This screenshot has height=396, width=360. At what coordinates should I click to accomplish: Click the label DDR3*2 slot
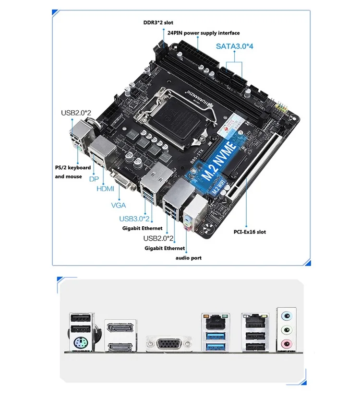(x=159, y=22)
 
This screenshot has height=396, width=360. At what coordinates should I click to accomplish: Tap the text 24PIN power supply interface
(x=204, y=33)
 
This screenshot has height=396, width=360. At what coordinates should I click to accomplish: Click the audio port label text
(x=188, y=258)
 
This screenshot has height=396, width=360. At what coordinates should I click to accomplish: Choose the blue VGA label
(x=119, y=205)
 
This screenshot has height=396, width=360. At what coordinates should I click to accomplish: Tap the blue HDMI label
(x=106, y=189)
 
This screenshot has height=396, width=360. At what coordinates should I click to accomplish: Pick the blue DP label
(x=94, y=178)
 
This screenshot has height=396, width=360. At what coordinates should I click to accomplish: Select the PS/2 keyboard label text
(x=72, y=168)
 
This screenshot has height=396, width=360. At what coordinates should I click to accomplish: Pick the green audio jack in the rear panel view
(x=287, y=330)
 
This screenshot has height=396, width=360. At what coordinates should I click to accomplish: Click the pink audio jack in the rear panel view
(x=287, y=343)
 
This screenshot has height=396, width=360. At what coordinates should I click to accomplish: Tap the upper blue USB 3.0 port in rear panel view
(x=214, y=335)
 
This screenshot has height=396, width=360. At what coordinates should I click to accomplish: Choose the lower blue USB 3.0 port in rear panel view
(x=214, y=346)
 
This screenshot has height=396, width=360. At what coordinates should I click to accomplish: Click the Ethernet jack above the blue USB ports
(x=214, y=320)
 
